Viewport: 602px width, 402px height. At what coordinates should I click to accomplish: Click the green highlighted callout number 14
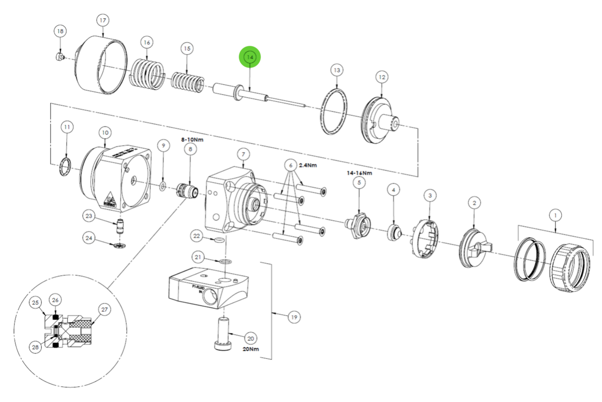click(x=250, y=57)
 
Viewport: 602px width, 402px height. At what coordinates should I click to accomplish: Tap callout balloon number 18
click(x=60, y=31)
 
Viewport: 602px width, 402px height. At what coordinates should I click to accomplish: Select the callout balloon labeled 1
click(x=555, y=215)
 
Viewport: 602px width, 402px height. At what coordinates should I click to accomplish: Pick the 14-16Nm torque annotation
click(x=360, y=173)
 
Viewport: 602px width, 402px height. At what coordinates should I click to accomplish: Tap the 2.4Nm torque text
click(x=307, y=165)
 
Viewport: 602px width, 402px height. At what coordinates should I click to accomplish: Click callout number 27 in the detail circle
click(x=105, y=310)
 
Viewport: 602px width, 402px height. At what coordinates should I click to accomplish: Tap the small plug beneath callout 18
click(x=59, y=57)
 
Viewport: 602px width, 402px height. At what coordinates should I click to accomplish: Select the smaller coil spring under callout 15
click(x=187, y=82)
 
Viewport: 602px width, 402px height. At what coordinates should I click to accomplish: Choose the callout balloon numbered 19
click(x=294, y=317)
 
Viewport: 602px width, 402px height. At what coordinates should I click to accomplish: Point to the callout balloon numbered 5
click(x=359, y=183)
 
